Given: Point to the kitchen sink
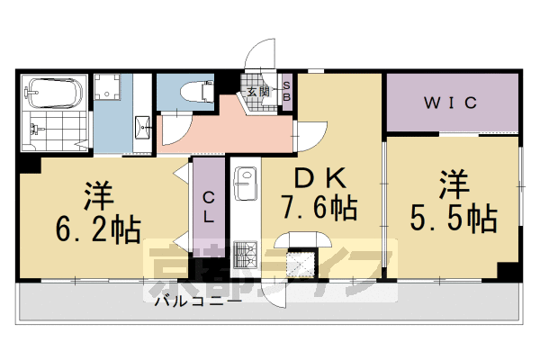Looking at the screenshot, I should (x=245, y=185).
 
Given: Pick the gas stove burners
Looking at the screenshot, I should (x=245, y=256).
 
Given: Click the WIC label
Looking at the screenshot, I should (x=450, y=103).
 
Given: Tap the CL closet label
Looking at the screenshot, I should (x=207, y=206).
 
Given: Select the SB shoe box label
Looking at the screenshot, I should (x=287, y=92).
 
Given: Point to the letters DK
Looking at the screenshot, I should (x=317, y=177).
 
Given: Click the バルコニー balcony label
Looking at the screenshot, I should (x=197, y=301).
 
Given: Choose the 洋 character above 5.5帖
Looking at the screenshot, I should (x=454, y=184).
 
